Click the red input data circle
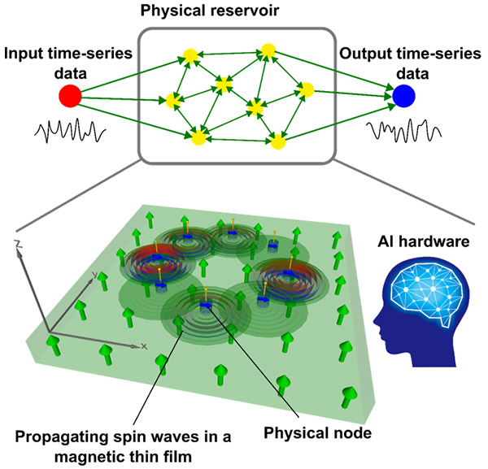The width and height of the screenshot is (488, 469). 70,96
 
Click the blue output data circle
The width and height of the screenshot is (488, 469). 403,96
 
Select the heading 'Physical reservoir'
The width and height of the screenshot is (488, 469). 210,11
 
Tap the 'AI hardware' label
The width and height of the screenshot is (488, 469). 424,241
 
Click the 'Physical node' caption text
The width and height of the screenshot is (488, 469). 317,433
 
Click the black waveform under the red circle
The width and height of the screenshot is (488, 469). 70,131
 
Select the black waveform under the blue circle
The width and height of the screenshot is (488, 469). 403,130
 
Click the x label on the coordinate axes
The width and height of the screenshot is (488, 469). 143,346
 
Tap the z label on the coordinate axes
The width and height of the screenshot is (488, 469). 19,244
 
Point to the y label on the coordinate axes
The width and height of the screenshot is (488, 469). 95,275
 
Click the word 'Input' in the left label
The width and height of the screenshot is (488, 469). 24,54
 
